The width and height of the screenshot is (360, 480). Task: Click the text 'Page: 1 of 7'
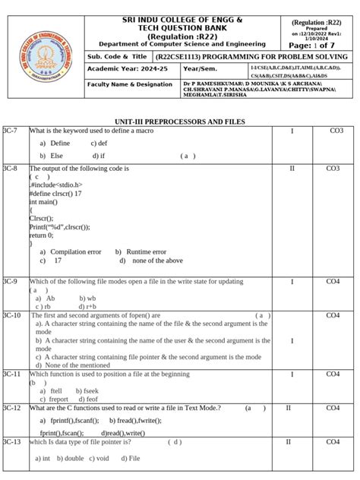pyautogui.click(x=318, y=46)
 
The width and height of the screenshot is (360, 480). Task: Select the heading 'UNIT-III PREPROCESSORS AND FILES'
pyautogui.click(x=179, y=122)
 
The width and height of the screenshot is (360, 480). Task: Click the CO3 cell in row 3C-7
pyautogui.click(x=336, y=131)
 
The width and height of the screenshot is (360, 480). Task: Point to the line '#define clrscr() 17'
pyautogui.click(x=55, y=194)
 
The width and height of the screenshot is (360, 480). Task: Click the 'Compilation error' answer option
pyautogui.click(x=75, y=251)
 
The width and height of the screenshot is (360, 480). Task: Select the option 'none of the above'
pyautogui.click(x=157, y=261)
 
